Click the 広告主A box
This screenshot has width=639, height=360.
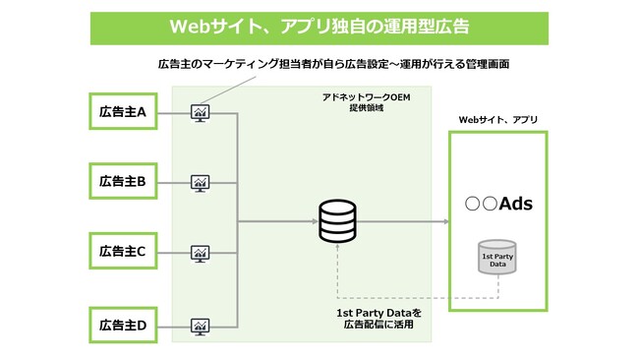coord(123,112)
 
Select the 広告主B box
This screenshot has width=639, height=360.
coord(123,181)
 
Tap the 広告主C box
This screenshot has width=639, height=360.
coord(123,251)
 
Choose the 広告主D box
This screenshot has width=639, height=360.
coord(123,323)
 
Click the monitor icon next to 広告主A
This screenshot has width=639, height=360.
coord(201,112)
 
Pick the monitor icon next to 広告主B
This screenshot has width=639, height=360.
coord(201,182)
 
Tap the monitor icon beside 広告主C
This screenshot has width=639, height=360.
coord(201,252)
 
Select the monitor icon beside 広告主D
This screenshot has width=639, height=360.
coord(201,323)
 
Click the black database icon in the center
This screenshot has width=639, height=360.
coord(337,222)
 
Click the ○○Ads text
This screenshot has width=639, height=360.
coord(498,205)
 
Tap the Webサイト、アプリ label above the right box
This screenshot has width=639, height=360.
coord(498,119)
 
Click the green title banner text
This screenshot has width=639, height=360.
coord(319,26)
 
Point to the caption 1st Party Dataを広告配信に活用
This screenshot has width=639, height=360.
coord(378,319)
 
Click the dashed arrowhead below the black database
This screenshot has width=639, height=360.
coord(337,250)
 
